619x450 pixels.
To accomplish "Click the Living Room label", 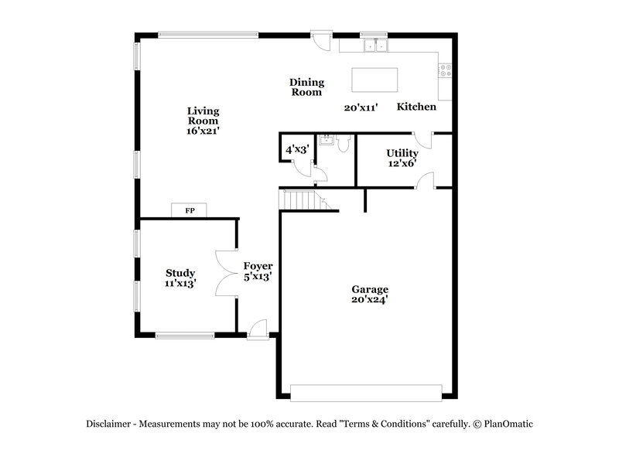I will point(203,116).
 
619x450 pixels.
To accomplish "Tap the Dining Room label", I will point(306,87).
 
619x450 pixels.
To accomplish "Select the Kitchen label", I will point(416,107).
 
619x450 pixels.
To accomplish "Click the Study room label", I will point(180,273).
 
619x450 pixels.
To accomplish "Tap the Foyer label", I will point(257,266).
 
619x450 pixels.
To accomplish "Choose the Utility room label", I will point(402,153).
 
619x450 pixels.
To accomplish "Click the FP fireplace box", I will point(189,210).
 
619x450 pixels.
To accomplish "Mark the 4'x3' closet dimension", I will point(297,149).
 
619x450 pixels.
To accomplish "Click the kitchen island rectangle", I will point(374,80).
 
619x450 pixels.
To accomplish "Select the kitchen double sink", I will point(375,46).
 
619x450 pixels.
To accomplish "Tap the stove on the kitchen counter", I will point(446,71).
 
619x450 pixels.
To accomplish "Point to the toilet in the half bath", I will point(344,142).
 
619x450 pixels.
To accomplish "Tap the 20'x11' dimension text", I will point(361,108).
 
